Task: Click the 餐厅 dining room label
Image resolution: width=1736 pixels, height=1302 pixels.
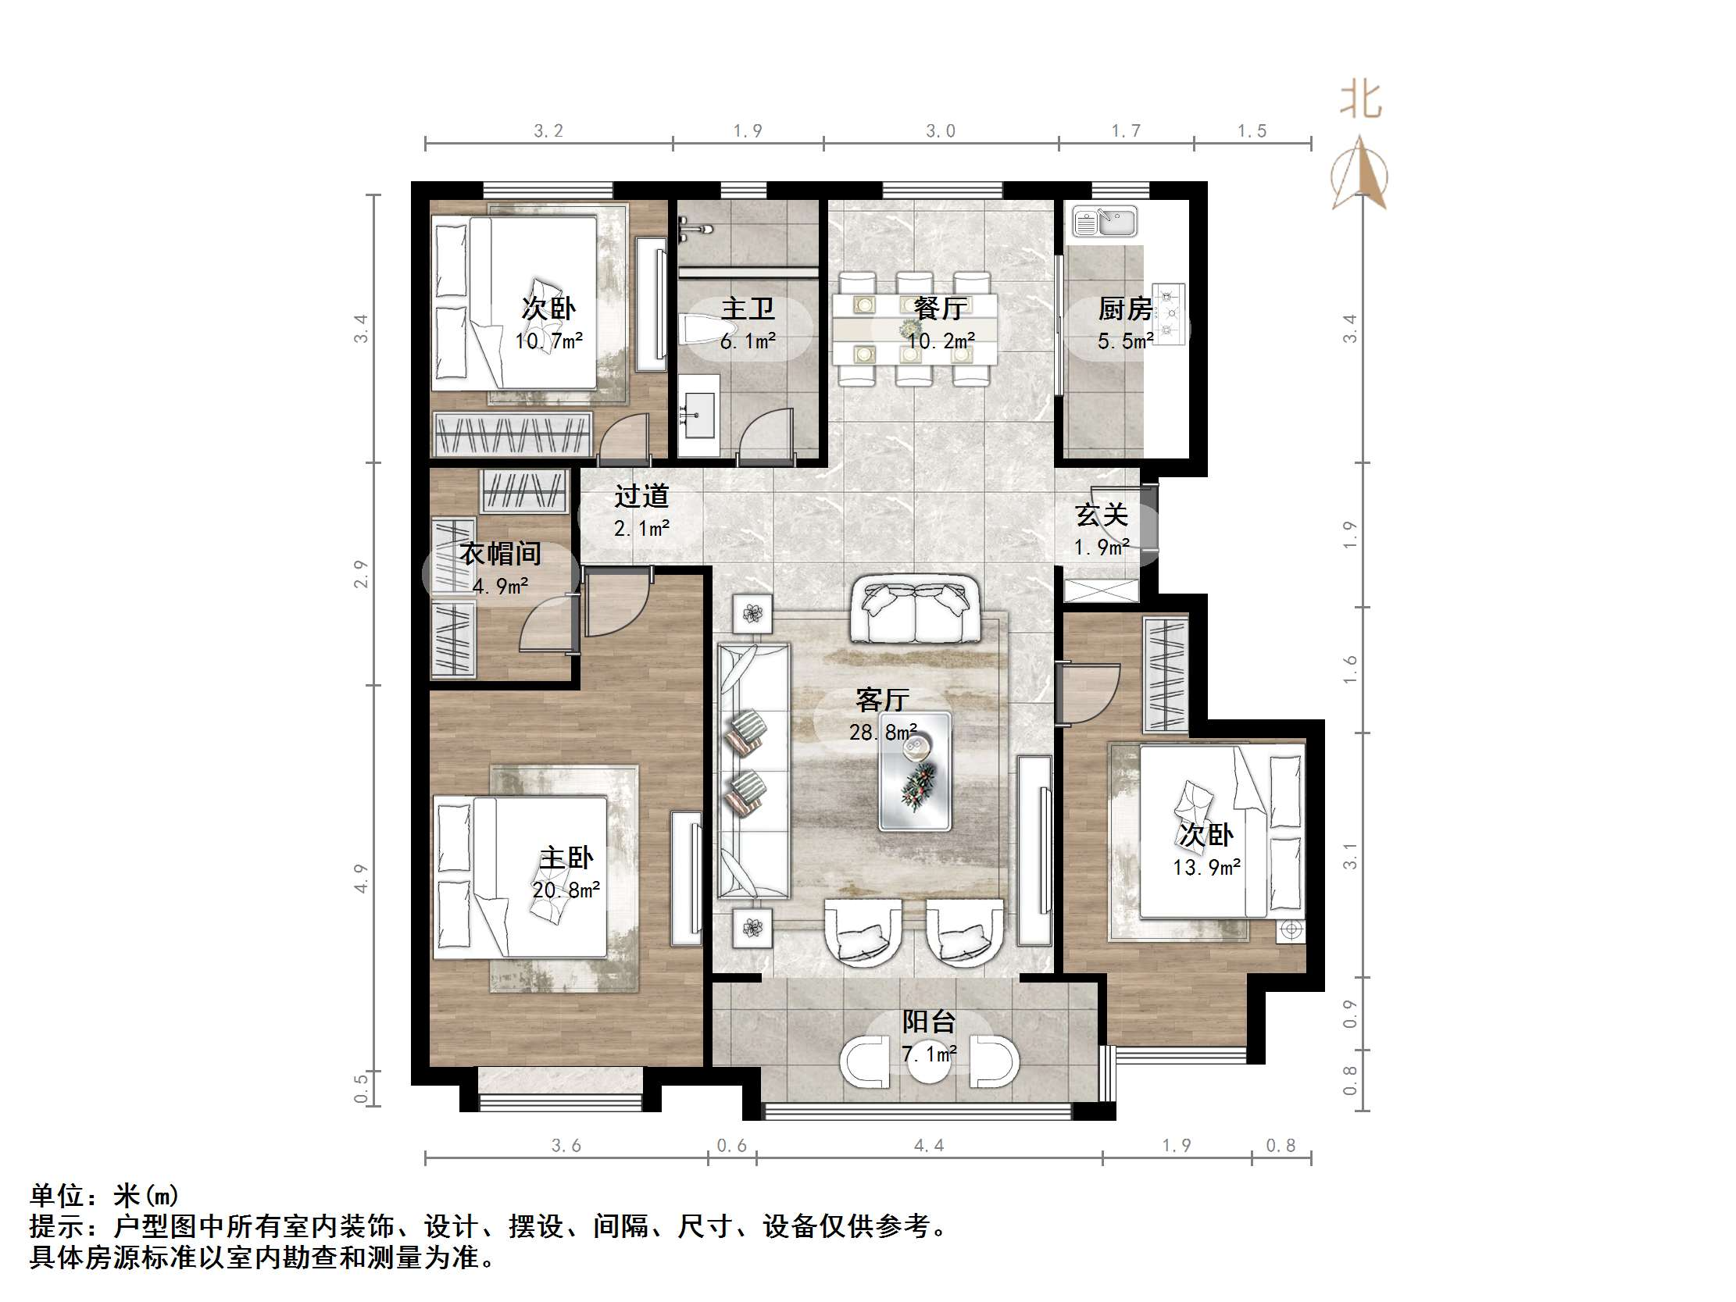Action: tap(939, 309)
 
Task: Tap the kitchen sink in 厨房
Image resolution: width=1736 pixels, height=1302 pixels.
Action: tap(1104, 221)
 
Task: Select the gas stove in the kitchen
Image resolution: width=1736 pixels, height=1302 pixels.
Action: tap(1170, 314)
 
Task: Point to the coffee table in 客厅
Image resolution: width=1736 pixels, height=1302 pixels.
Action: tap(914, 771)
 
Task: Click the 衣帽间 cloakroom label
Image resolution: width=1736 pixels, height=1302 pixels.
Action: tap(500, 554)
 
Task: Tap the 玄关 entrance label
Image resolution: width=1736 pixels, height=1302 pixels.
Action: tap(1101, 515)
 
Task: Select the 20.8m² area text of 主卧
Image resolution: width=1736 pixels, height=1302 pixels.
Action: tap(566, 890)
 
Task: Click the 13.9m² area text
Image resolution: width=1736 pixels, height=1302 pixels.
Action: tap(1206, 867)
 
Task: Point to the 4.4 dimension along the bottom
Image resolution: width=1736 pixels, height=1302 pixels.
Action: tap(928, 1146)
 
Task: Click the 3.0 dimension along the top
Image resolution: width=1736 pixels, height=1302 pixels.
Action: tap(940, 131)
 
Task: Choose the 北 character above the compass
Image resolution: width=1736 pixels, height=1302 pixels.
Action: tap(1360, 102)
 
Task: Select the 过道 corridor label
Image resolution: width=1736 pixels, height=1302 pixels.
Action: tap(641, 496)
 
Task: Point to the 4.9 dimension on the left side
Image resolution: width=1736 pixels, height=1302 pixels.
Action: tap(360, 878)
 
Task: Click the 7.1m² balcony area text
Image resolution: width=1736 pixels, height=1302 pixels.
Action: tap(928, 1054)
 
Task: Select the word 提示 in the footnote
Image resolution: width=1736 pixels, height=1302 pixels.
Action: tap(56, 1226)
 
